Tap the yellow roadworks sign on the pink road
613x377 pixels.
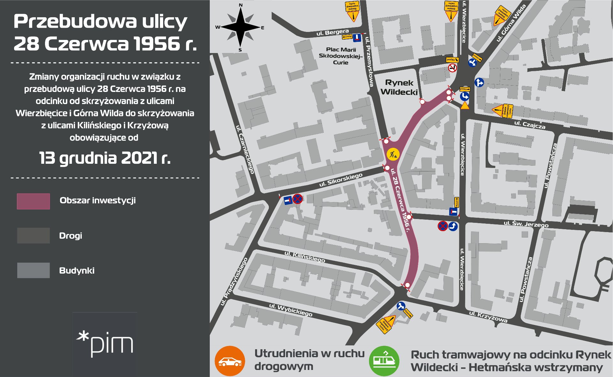[393, 154]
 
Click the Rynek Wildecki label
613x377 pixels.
[399, 87]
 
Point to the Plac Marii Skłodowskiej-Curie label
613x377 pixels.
[341, 56]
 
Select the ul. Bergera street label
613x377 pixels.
[332, 32]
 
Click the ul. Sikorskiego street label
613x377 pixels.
[341, 180]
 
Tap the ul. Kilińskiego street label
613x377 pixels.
[305, 256]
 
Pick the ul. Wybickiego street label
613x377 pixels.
[291, 310]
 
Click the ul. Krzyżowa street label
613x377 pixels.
[488, 316]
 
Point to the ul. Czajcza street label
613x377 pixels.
[530, 124]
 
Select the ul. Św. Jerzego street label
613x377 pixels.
[526, 224]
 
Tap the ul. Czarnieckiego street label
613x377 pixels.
[245, 149]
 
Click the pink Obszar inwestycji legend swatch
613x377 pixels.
[33, 201]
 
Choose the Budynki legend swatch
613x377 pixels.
[33, 270]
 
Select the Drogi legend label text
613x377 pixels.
[71, 236]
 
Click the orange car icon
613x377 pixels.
[230, 361]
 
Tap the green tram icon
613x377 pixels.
[384, 361]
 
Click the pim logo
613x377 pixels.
[105, 344]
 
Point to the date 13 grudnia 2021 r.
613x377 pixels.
[105, 158]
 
